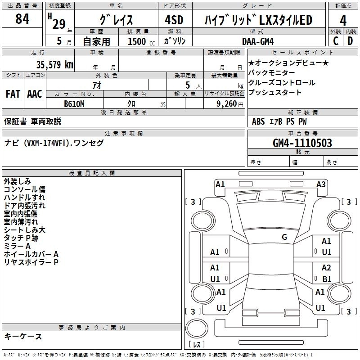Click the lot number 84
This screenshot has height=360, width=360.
click(x=22, y=19)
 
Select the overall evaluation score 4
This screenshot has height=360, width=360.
click(x=343, y=21)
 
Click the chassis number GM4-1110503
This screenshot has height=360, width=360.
click(x=302, y=143)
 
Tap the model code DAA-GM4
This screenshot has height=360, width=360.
click(x=258, y=41)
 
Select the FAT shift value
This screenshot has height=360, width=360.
click(x=13, y=94)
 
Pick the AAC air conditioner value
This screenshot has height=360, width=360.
click(x=34, y=94)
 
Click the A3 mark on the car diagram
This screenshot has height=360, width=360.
click(x=321, y=184)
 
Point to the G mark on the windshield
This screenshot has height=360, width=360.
click(x=284, y=237)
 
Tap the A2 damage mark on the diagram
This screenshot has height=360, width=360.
click(x=326, y=268)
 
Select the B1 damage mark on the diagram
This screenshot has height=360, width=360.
click(x=327, y=279)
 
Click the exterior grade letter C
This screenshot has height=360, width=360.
click(x=336, y=41)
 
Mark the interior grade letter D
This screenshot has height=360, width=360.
click(x=350, y=41)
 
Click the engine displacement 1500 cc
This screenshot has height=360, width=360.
click(x=137, y=41)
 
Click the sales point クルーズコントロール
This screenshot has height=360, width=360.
click(x=282, y=83)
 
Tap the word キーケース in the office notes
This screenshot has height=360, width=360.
click(x=23, y=336)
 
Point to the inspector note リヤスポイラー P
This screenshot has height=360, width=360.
click(x=31, y=262)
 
